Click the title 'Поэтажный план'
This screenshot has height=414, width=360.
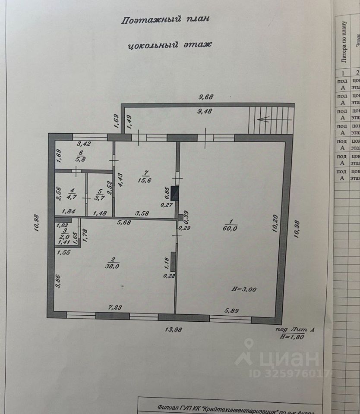166,20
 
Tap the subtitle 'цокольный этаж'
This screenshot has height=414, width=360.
170,44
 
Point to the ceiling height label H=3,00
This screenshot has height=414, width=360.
243,289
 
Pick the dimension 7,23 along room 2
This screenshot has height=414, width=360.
114,307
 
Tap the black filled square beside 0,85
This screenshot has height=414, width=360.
175,191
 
